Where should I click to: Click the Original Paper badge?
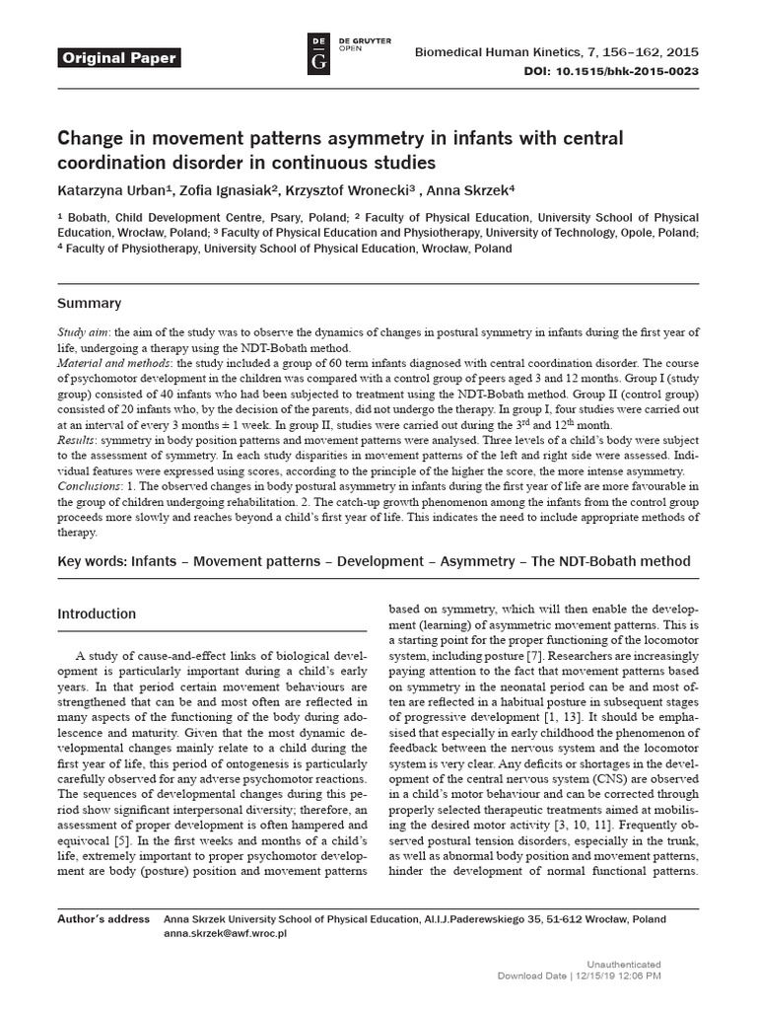click(x=119, y=58)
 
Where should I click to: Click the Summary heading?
click(x=90, y=303)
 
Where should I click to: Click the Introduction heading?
click(x=103, y=613)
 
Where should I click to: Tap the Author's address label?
click(x=103, y=918)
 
